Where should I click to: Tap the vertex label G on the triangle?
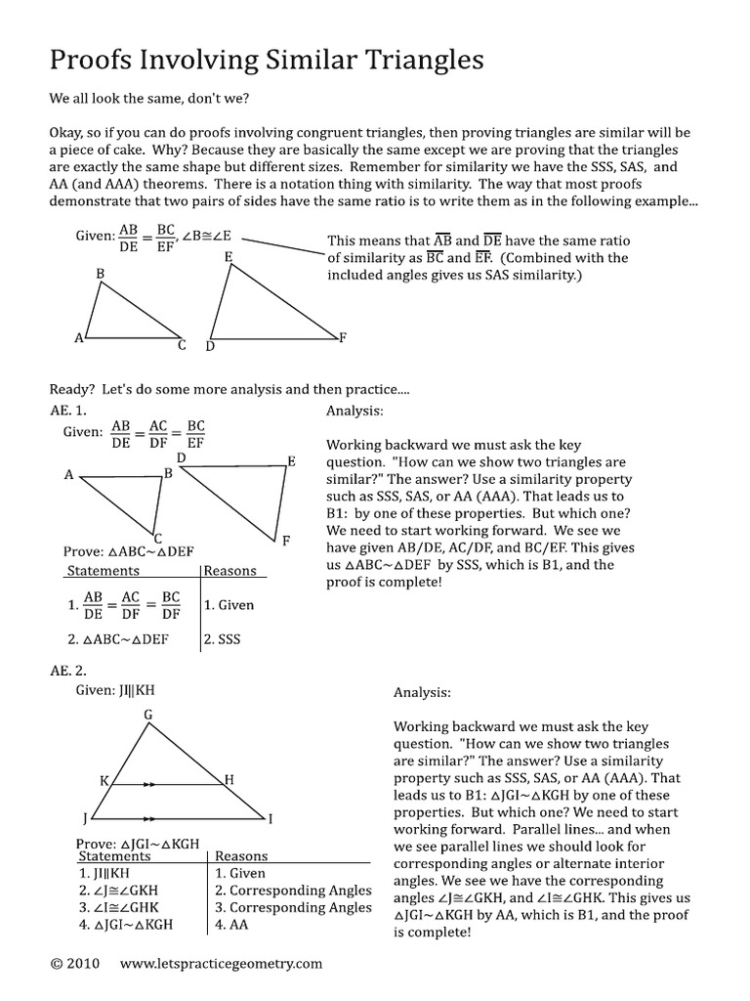[x=148, y=715]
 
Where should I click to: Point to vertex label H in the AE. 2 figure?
[x=229, y=779]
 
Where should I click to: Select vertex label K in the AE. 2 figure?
[x=104, y=780]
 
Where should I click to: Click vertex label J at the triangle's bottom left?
[x=85, y=817]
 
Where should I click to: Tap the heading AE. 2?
[x=69, y=671]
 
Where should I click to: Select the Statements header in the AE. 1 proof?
[x=102, y=571]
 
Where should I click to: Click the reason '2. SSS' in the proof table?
[x=222, y=640]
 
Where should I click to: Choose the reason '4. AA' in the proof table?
[x=231, y=924]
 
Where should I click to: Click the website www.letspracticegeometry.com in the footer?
[x=221, y=964]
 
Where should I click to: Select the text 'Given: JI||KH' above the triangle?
[x=116, y=689]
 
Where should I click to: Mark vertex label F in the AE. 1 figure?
[x=285, y=540]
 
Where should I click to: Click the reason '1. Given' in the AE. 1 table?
[x=229, y=605]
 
